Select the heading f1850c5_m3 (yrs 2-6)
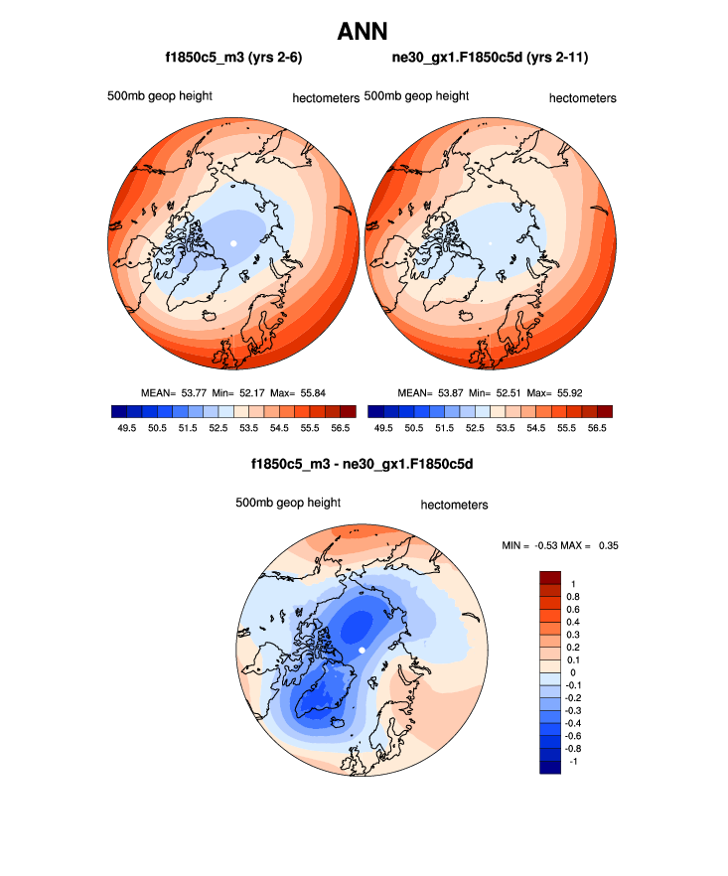tap(233, 59)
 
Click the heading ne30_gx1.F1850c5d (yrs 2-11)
tap(491, 59)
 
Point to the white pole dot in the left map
tap(233, 243)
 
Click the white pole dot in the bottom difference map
tap(363, 650)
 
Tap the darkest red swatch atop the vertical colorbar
tap(551, 577)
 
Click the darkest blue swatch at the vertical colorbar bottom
tap(551, 766)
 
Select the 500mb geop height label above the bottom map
tap(288, 504)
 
